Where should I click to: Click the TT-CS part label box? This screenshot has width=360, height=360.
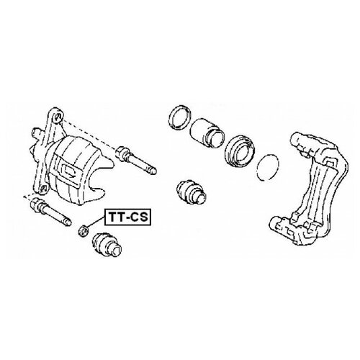tap(127, 217)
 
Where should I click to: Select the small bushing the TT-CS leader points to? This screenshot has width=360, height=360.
tap(84, 231)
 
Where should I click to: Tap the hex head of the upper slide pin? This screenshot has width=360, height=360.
tap(121, 153)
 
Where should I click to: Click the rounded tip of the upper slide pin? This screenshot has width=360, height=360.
tap(154, 171)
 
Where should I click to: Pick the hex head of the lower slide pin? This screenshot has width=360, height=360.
tap(36, 204)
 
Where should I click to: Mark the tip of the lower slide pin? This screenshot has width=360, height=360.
tap(68, 222)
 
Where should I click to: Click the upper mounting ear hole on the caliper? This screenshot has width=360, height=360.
tap(58, 117)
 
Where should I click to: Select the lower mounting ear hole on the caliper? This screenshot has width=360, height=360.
tap(42, 189)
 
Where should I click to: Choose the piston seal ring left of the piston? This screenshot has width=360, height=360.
tap(180, 117)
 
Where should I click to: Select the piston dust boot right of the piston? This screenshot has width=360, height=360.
tap(240, 150)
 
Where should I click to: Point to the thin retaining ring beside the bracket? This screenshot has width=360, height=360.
tap(268, 168)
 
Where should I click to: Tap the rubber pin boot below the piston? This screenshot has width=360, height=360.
tap(192, 192)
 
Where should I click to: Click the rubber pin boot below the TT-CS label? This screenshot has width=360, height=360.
tap(107, 245)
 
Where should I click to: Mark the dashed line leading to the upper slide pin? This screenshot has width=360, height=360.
tap(89, 135)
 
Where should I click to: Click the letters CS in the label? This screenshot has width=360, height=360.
tap(139, 217)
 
